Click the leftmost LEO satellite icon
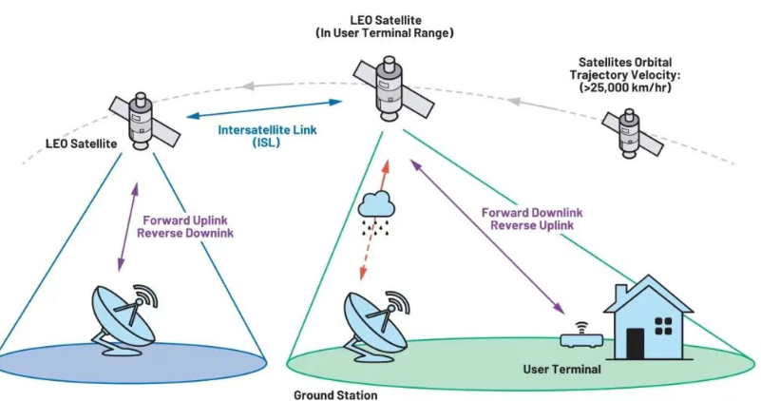pyautogui.click(x=140, y=122)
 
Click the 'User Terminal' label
pyautogui.click(x=561, y=367)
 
